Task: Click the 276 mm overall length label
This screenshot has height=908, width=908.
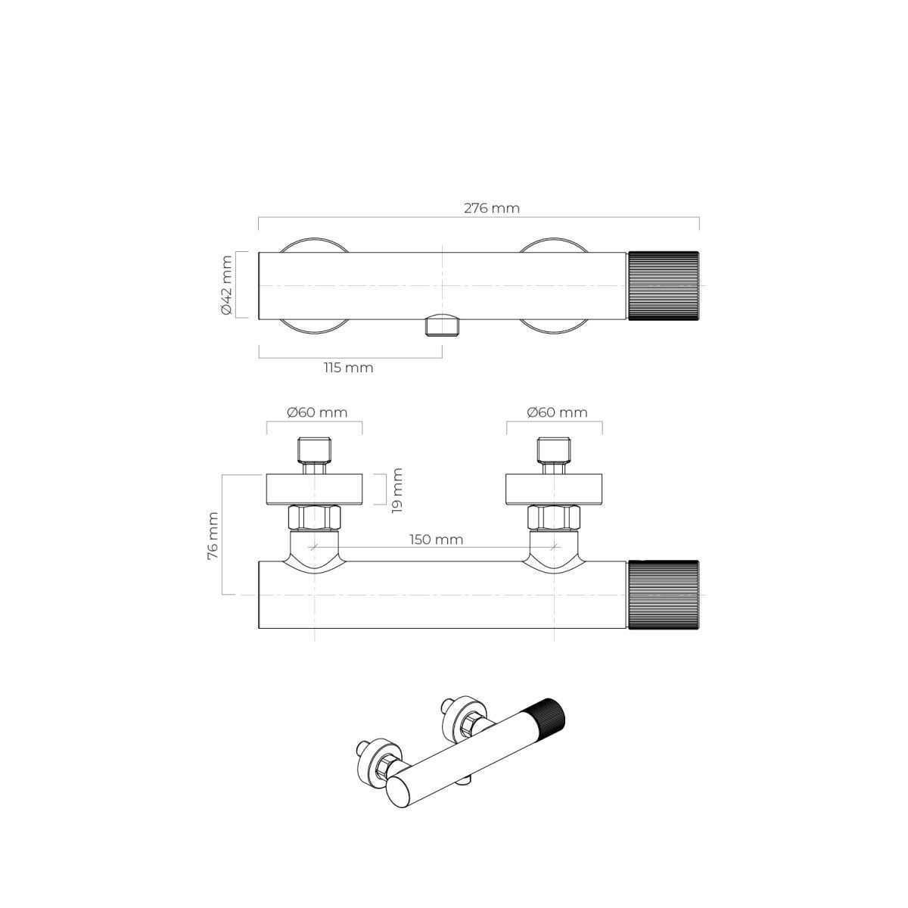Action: tap(492, 208)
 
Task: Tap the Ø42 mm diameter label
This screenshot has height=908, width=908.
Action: tap(226, 285)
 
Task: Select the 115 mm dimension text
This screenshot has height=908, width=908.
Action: tap(348, 368)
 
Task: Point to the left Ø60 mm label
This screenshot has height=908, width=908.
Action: tap(317, 412)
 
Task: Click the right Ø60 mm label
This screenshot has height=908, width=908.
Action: tap(558, 412)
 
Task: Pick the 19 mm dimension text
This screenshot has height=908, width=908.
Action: tap(397, 490)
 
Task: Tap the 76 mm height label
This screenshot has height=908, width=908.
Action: tap(213, 536)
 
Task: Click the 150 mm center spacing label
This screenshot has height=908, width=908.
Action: tap(437, 539)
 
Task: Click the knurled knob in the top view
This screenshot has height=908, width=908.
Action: tap(663, 285)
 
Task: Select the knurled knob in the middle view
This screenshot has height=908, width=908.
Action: tap(663, 594)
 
